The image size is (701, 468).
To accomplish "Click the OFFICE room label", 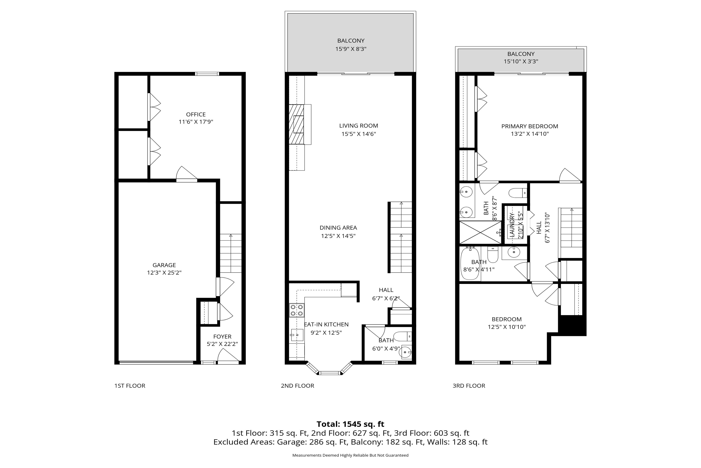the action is pyautogui.click(x=196, y=114).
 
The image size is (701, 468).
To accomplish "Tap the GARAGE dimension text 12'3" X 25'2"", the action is pyautogui.click(x=164, y=272).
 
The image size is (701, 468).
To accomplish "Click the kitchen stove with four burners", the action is pyautogui.click(x=297, y=310).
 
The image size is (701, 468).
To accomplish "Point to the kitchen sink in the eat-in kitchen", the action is pyautogui.click(x=297, y=335).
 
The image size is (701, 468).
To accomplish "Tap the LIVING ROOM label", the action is pyautogui.click(x=358, y=126).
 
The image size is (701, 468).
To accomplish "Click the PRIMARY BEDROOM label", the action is pyautogui.click(x=530, y=126).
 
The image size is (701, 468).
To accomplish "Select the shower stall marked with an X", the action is pyautogui.click(x=480, y=232).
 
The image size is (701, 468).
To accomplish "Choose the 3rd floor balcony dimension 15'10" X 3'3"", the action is pyautogui.click(x=521, y=61).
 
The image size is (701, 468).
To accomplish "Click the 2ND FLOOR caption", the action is pyautogui.click(x=298, y=386).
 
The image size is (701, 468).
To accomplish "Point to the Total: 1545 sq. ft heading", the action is pyautogui.click(x=350, y=424).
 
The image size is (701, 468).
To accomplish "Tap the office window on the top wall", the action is pyautogui.click(x=207, y=74).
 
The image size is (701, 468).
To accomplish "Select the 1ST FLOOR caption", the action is pyautogui.click(x=130, y=386).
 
